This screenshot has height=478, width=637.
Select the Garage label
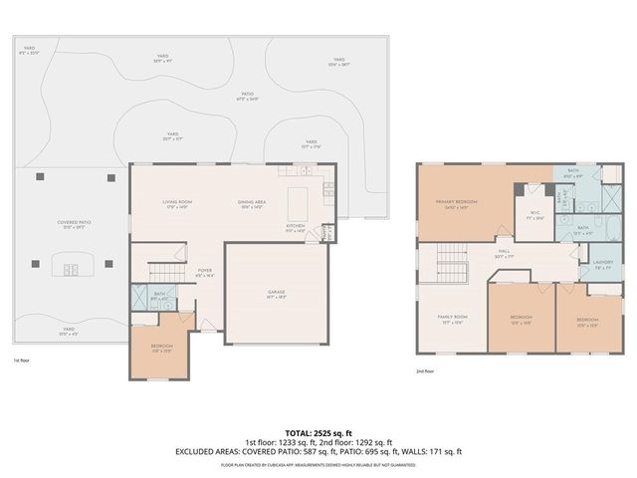276,293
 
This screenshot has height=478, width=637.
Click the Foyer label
205,270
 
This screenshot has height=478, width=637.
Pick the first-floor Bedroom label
162,348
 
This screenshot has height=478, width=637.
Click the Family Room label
453,318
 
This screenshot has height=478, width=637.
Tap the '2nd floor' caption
425,369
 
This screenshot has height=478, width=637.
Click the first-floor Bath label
159,294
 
